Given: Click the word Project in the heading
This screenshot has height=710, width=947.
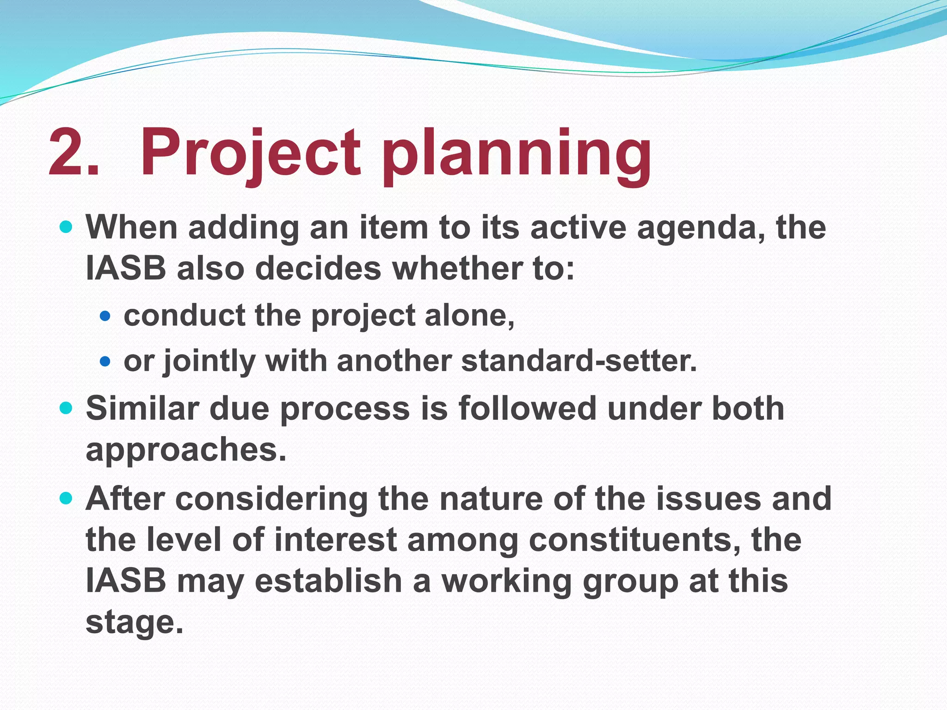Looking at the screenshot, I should pyautogui.click(x=250, y=153).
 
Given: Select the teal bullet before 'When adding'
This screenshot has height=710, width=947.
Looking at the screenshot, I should pyautogui.click(x=67, y=227).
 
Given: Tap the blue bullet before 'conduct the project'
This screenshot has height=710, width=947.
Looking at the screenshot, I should pyautogui.click(x=105, y=316).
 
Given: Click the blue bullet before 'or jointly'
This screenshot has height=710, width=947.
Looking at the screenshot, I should pyautogui.click(x=105, y=361).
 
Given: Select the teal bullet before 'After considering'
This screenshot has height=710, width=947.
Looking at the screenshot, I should pyautogui.click(x=67, y=498).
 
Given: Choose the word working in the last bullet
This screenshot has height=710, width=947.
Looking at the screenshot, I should pyautogui.click(x=507, y=582).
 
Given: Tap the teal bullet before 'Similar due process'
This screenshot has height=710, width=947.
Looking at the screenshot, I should pyautogui.click(x=67, y=408).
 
